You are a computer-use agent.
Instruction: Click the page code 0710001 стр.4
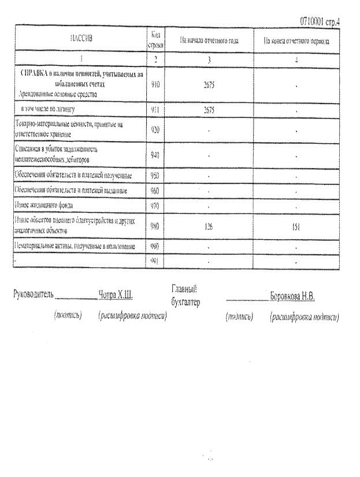pos(320,21)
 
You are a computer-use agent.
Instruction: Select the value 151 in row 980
pos(296,227)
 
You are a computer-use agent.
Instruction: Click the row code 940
pos(154,154)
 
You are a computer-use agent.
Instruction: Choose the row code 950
pos(154,174)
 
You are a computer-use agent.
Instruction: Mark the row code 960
pos(154,189)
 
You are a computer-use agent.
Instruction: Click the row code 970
pos(154,204)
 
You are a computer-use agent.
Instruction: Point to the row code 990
pos(154,246)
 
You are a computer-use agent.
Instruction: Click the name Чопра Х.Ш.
pos(116,295)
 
